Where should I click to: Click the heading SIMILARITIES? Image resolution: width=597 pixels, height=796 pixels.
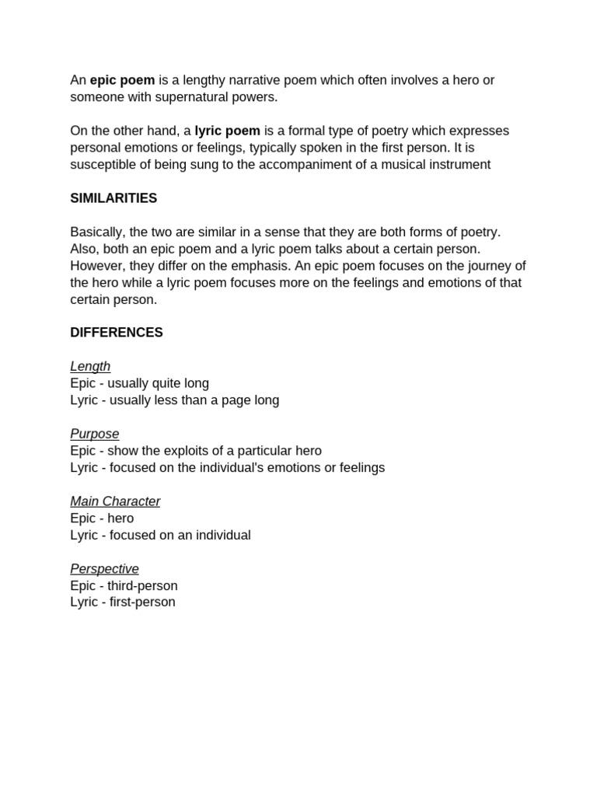pos(113,198)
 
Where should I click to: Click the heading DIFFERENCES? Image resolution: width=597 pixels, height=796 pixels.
pos(117,333)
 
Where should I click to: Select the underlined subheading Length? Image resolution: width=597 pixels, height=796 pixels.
pos(90,366)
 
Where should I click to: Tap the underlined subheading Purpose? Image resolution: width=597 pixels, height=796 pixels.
pos(95,434)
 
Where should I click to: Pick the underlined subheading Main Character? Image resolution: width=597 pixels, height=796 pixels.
pos(115,501)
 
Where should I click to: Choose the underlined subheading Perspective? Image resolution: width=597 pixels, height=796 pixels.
pos(104,569)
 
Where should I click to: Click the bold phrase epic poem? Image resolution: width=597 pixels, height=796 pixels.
pos(122,80)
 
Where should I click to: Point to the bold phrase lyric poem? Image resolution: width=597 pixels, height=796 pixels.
pos(227,131)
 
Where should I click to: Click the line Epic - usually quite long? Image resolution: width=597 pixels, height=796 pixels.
pos(139,383)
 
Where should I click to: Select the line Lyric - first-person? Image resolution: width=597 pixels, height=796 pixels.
pos(123,602)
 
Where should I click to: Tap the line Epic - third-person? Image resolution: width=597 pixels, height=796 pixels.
pos(124,585)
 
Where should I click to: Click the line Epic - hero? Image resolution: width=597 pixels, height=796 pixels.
pos(102,518)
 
